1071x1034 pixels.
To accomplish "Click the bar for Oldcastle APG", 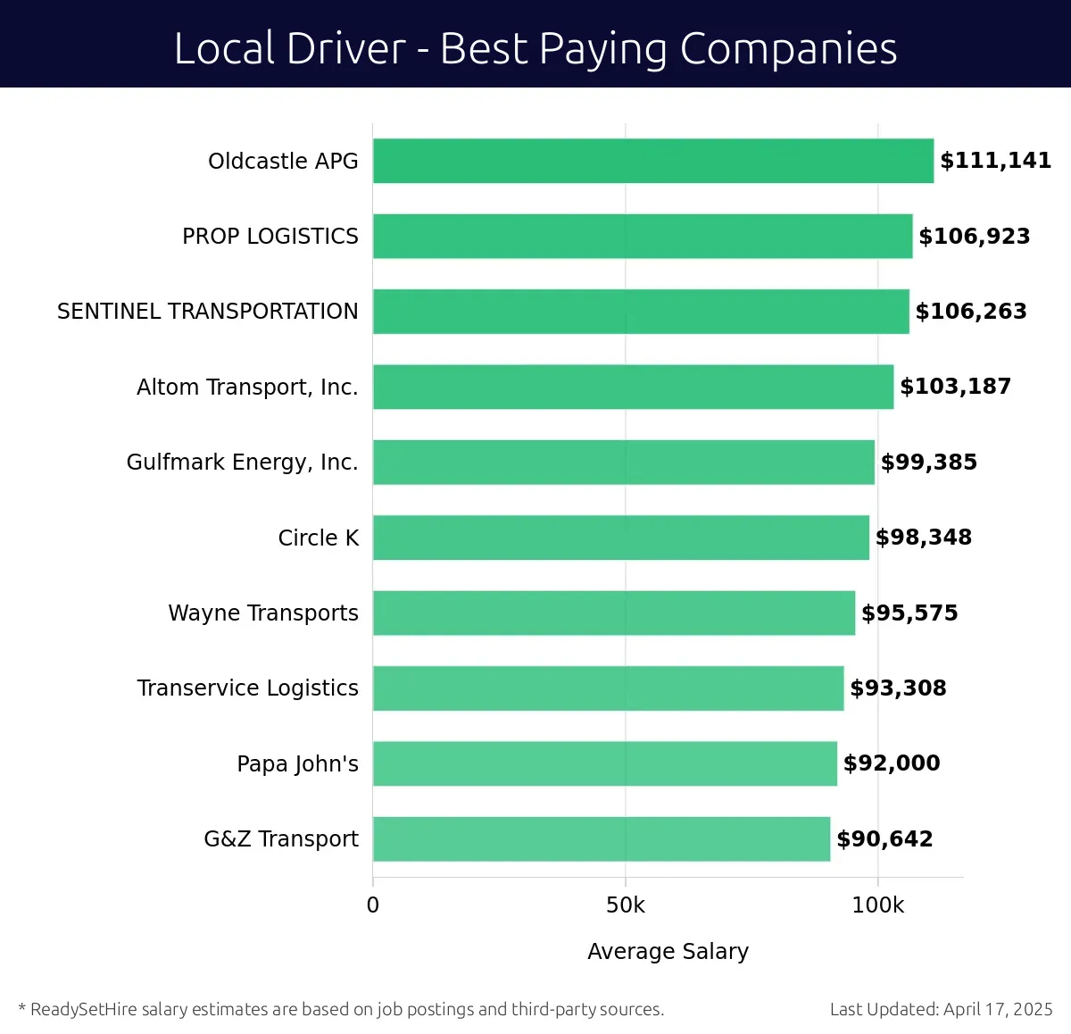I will [653, 161].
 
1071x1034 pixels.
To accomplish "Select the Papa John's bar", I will [605, 763].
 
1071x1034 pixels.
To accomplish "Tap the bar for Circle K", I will [621, 538].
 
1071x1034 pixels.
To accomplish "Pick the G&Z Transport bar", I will [602, 838].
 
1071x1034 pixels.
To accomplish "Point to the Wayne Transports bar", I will [614, 613].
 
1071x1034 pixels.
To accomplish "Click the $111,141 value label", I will [995, 161].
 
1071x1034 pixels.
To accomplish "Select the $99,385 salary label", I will [928, 463].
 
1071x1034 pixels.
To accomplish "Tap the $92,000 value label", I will [891, 763].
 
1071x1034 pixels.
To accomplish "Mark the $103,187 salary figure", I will [955, 387].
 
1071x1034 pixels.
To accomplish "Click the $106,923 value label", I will [974, 237].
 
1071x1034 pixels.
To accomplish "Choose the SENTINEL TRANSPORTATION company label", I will [207, 312].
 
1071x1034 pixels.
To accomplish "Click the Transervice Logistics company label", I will [247, 688].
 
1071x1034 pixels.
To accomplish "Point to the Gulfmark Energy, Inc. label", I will [242, 463].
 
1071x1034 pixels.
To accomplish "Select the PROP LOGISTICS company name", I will [270, 237].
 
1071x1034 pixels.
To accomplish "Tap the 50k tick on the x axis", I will [625, 905].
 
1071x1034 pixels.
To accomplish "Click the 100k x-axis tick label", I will [877, 905].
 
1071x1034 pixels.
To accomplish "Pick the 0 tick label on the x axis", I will [373, 905].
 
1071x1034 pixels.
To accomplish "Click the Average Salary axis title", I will [668, 952].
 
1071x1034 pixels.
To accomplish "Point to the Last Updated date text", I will [941, 1010].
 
